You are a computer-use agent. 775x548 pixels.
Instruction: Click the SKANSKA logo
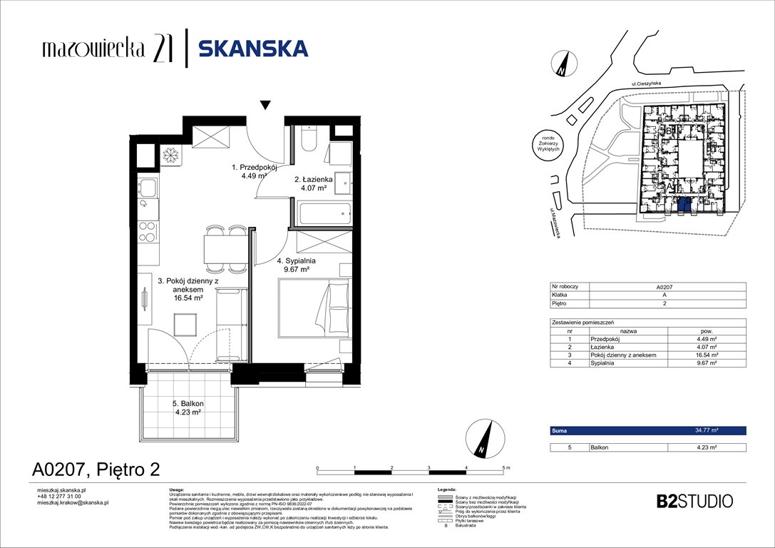coord(253,49)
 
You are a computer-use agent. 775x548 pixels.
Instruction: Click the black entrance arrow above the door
coord(265,106)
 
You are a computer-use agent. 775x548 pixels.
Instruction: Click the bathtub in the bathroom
coord(323,213)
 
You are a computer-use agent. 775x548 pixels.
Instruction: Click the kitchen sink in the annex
coord(148,188)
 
